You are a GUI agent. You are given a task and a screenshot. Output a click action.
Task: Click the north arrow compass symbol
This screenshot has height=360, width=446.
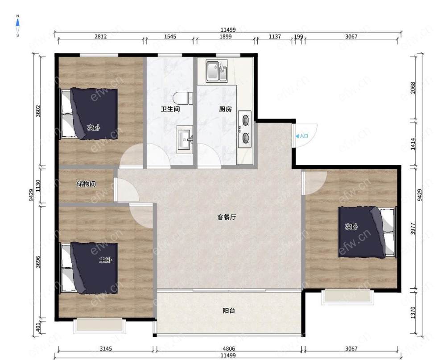coord(18,25)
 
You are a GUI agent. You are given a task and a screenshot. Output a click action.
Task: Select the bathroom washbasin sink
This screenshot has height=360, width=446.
coord(185,139)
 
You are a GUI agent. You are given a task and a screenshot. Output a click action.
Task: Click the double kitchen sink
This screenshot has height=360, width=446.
coord(216,71)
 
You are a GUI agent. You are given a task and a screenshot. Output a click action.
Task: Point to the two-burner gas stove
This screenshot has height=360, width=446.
coord(244,129)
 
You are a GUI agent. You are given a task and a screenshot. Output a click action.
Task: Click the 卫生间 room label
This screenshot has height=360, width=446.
coord(170,109)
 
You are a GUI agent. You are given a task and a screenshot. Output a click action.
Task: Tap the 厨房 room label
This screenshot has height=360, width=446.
coord(225,109)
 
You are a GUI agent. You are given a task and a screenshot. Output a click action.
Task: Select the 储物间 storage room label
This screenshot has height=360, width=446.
coord(86,184)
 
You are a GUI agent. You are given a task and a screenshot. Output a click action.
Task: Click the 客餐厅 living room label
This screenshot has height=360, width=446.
coord(227,217)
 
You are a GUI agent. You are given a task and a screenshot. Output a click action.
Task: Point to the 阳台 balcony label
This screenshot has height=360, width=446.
coord(229,311)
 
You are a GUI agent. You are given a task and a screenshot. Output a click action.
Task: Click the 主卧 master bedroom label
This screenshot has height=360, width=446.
coord(106,260)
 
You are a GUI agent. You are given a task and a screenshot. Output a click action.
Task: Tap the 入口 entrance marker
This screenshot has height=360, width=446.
coord(302,136)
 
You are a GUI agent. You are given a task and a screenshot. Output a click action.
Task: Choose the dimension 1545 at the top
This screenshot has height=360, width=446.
coord(170,37)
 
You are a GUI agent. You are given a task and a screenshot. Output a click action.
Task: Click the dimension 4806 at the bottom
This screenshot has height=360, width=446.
coord(229,348)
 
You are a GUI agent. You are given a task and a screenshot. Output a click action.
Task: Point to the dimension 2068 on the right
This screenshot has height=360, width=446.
coord(413,88)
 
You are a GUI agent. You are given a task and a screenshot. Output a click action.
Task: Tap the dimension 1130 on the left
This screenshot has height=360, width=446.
coord(38,186)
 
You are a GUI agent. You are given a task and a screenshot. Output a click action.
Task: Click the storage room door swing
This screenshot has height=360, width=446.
coord(126,190)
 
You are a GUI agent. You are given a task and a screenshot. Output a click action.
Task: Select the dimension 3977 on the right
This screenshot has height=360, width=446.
coord(413,229)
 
